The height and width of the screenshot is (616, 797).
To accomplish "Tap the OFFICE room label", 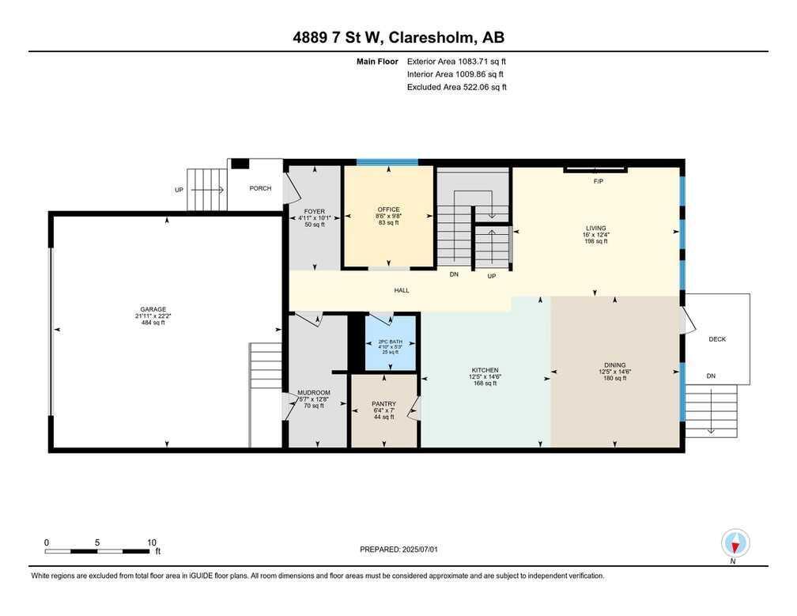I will [388, 210].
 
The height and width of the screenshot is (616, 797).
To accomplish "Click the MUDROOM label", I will [313, 392].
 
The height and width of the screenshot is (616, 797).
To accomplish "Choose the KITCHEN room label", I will [485, 370].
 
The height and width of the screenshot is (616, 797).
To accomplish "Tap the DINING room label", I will [614, 365].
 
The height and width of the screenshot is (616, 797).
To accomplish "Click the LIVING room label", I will [595, 228].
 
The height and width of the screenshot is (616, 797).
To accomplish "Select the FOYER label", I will [314, 212].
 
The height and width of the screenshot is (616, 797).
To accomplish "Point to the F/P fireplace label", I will [599, 181].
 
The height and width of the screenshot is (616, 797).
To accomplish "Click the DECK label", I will [716, 339].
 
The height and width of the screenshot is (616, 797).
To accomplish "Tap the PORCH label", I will [260, 188].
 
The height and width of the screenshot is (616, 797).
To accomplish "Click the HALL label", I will [402, 291].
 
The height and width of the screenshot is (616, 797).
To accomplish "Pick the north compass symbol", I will [735, 544].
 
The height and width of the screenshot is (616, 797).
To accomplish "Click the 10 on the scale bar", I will [151, 542].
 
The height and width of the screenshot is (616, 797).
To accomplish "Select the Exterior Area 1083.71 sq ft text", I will [456, 61].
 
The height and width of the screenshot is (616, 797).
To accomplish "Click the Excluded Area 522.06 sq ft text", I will [456, 87].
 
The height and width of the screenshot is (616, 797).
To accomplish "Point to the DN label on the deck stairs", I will [710, 376].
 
